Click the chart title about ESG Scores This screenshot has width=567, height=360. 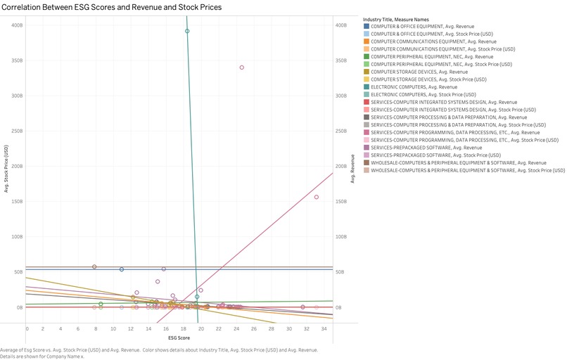click(112, 7)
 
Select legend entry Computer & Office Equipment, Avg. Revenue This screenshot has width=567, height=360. click(423, 26)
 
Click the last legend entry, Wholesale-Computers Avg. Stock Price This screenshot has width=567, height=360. click(467, 170)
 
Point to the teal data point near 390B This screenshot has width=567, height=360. click(187, 31)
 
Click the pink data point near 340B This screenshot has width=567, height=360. click(241, 67)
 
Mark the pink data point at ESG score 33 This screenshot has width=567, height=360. click(316, 197)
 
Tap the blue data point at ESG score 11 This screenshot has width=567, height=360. click(122, 269)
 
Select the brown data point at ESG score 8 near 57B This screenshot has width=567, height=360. click(94, 266)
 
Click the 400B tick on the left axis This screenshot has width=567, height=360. click(16, 25)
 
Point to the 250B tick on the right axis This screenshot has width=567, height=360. click(342, 131)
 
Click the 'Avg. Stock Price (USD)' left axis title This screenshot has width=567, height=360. click(6, 169)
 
